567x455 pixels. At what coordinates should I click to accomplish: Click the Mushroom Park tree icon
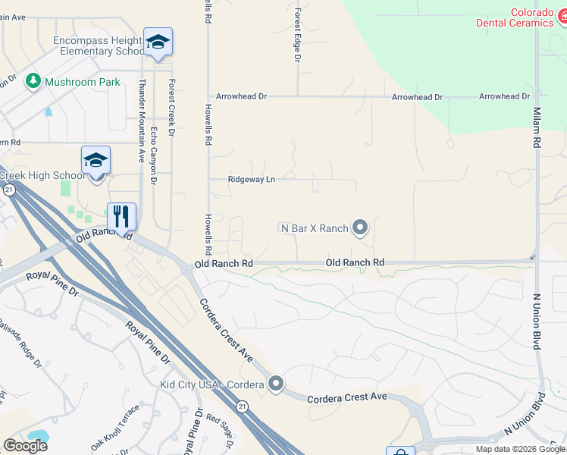pos(33,81)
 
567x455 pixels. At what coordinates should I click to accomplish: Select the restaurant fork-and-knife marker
pos(121,216)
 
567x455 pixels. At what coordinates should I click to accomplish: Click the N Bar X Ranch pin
pos(361,227)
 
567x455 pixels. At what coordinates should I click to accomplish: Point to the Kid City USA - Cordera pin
pos(276,384)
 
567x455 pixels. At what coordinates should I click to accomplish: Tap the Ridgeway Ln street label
pos(252,180)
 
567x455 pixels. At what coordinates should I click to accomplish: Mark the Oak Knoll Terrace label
pos(115,428)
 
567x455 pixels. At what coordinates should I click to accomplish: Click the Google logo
pos(25,445)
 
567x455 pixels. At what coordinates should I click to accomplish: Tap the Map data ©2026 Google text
pos(520,449)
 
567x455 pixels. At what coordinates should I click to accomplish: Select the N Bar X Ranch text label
pos(314,228)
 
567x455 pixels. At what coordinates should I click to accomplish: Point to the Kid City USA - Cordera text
pos(211,384)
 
